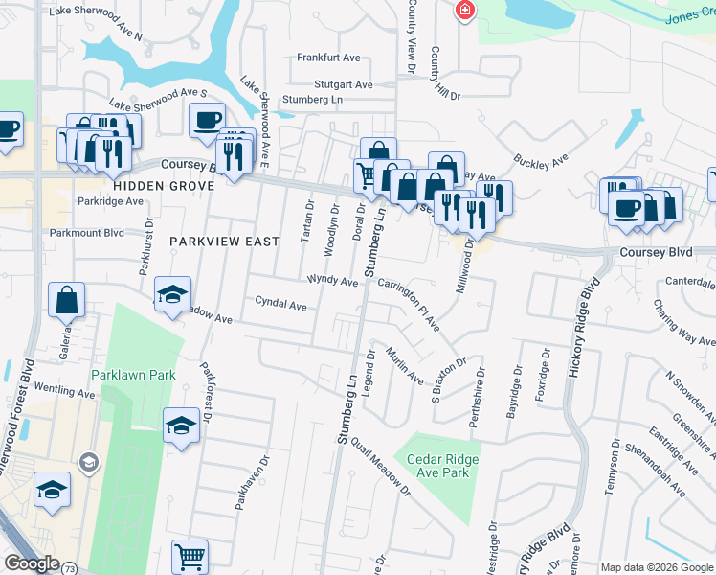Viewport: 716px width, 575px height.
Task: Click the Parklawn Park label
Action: coord(133,375)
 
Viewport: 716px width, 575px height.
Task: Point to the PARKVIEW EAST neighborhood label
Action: coord(224,241)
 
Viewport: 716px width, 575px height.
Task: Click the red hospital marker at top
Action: coord(464,10)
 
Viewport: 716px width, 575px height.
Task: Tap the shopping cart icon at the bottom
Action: coord(190,555)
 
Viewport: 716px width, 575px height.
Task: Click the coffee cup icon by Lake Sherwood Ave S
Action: coord(206,119)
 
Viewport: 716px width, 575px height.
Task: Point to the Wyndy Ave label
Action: coord(332,281)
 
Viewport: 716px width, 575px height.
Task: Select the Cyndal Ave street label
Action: coord(280,305)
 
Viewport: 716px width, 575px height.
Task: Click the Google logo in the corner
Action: coord(31,563)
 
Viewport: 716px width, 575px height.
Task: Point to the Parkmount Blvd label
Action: coord(87,232)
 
